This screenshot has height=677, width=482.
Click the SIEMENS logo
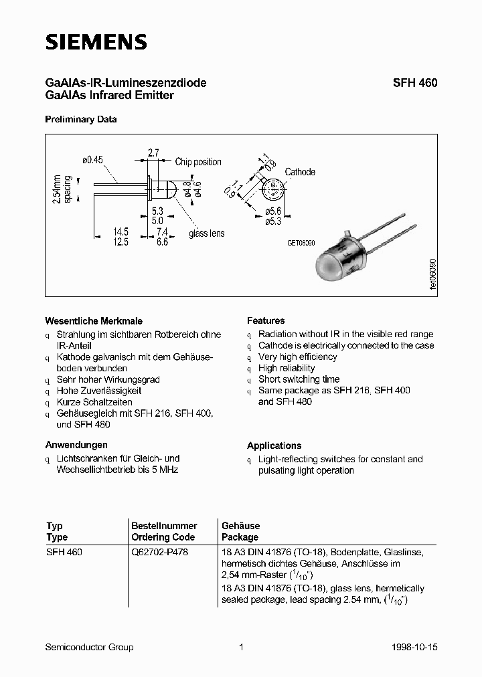[96, 42]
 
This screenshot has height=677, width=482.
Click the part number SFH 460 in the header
[414, 84]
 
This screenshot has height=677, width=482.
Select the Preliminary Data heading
[80, 120]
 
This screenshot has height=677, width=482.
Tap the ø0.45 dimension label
[94, 160]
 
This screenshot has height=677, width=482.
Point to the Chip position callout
[198, 162]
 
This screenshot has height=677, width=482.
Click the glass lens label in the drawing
[206, 233]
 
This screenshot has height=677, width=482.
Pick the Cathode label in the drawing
[300, 172]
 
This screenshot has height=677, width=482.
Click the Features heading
[266, 321]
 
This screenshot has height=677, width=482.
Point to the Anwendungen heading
[76, 445]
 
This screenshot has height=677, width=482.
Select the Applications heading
[274, 446]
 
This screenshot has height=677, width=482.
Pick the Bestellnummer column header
[164, 526]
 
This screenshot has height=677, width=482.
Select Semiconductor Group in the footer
[89, 647]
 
